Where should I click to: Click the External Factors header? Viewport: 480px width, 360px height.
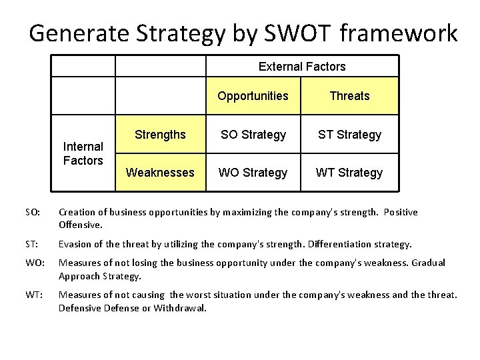(301, 67)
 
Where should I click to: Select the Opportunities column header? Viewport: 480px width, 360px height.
(253, 96)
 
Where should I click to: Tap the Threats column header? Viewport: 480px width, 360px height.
(349, 96)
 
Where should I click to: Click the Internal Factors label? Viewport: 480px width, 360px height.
(83, 153)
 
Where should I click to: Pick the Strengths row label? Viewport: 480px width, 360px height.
(160, 134)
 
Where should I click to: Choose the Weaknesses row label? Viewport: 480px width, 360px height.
(160, 173)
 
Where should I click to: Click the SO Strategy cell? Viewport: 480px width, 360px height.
(253, 135)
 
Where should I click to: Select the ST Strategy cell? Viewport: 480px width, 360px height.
(349, 135)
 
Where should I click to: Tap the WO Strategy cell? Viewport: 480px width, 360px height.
(253, 173)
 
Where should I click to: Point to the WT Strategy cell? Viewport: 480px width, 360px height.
(349, 173)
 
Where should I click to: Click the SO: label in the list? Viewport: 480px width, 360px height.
(33, 213)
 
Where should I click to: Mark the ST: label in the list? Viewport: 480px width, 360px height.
(32, 245)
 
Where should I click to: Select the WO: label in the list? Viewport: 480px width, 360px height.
(33, 263)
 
